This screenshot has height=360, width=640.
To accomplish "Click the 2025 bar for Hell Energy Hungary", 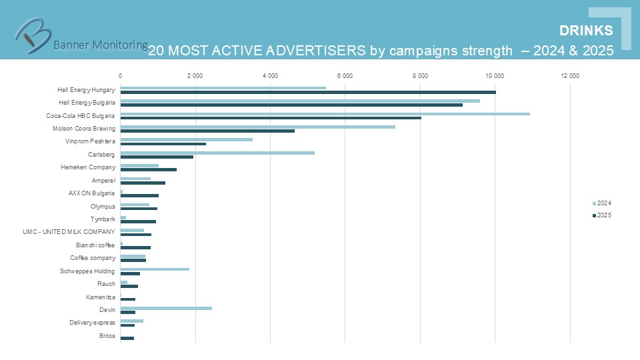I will (x=308, y=92).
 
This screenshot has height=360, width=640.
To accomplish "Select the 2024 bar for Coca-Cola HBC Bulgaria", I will (x=325, y=113).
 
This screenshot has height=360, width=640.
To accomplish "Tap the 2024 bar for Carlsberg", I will (x=217, y=153).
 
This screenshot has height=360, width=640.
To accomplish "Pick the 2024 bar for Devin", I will (x=166, y=308).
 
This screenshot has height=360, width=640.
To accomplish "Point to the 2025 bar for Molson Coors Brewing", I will (x=207, y=131).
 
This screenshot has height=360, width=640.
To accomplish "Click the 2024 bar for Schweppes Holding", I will (x=155, y=269).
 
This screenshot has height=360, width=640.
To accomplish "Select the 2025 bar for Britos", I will (x=127, y=338).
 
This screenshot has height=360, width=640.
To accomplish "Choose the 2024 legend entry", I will (x=602, y=203).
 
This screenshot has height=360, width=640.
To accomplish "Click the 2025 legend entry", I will (x=602, y=215).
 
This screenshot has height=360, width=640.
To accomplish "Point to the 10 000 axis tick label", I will (x=495, y=76).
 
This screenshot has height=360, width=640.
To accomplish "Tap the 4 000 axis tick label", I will (x=270, y=76).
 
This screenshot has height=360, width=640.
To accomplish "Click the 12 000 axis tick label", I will (x=570, y=76).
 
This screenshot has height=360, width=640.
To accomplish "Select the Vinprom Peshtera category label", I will (x=90, y=141).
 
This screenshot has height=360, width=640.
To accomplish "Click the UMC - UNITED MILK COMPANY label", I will (x=69, y=232).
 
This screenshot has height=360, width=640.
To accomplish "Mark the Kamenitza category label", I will (x=101, y=297).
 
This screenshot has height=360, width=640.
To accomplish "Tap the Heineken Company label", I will (x=88, y=167).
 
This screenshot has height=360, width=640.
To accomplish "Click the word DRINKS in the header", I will (x=586, y=31).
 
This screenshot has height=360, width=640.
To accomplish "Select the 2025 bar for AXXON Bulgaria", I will (x=139, y=195).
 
